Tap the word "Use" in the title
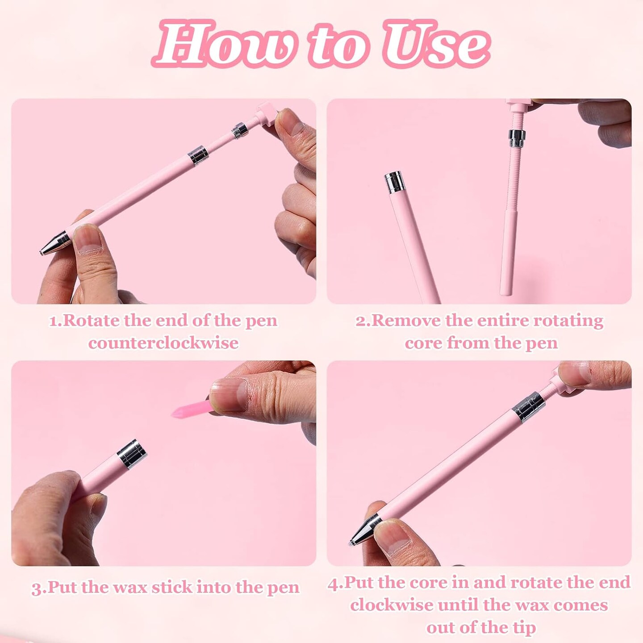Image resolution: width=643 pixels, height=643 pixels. pyautogui.click(x=435, y=45)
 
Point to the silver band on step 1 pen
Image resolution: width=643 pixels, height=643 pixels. pyautogui.click(x=198, y=155)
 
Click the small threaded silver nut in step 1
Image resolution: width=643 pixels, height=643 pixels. pyautogui.click(x=240, y=131)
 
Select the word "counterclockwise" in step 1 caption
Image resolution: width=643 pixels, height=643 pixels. pyautogui.click(x=163, y=343)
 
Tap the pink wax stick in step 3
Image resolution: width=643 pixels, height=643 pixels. pyautogui.click(x=190, y=409)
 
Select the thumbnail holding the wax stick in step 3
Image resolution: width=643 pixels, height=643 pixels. pyautogui.click(x=230, y=393)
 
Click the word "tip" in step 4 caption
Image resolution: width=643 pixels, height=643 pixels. pyautogui.click(x=524, y=627)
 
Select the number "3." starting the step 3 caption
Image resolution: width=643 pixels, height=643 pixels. pyautogui.click(x=38, y=588)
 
